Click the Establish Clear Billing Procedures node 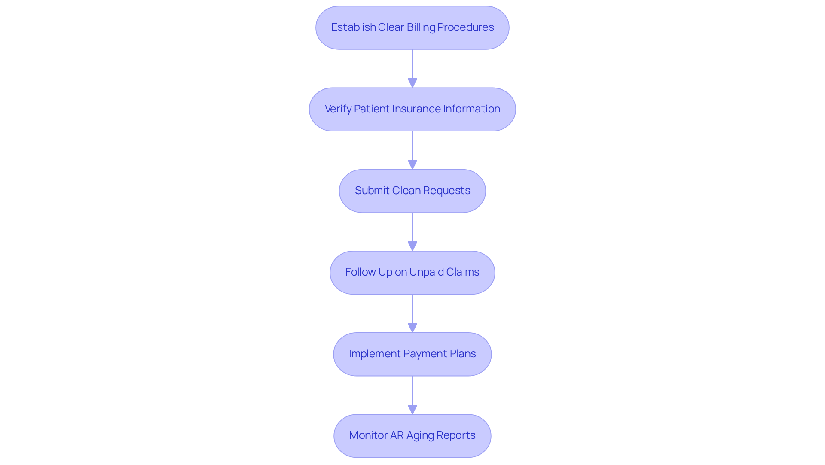click(x=412, y=27)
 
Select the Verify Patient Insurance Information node click(x=412, y=109)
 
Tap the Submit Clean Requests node click(x=412, y=191)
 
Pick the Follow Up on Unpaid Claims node click(x=412, y=272)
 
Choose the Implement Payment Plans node click(x=412, y=354)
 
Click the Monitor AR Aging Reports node click(x=412, y=435)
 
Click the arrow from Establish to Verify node click(x=412, y=69)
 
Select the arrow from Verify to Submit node click(x=412, y=150)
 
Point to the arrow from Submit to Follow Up click(x=412, y=232)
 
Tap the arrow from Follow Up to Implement click(x=412, y=313)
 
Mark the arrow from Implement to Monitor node click(x=412, y=395)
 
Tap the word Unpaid click(x=426, y=272)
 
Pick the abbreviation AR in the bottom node click(x=397, y=435)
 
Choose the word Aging click(x=420, y=436)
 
